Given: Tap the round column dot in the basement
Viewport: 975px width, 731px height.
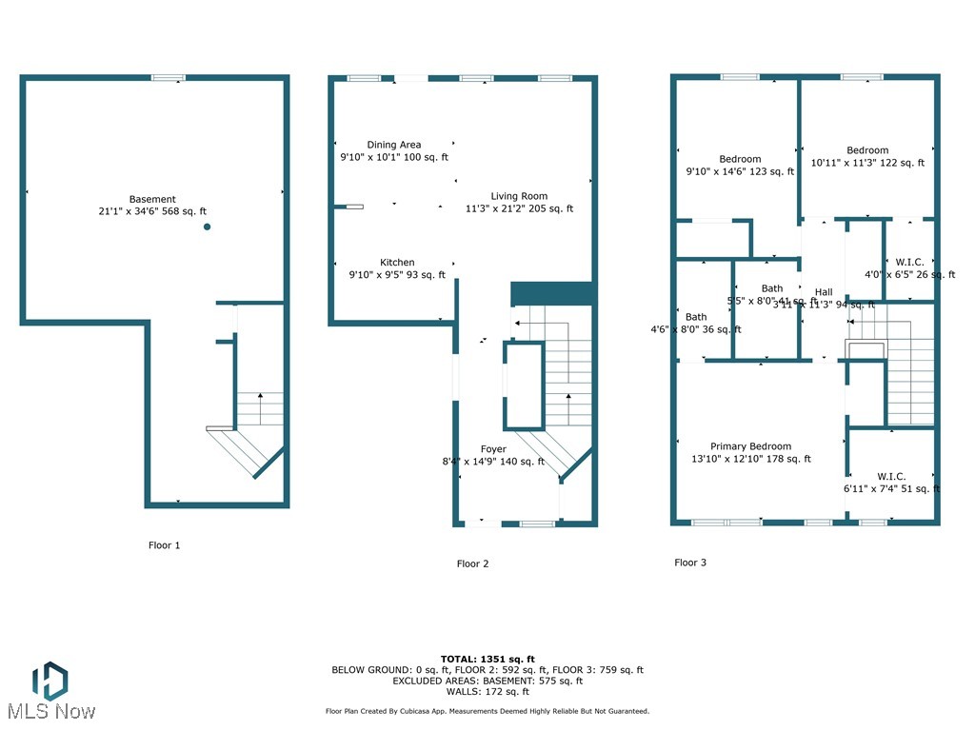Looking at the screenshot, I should [x=207, y=227].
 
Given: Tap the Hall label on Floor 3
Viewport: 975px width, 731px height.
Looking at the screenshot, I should [x=824, y=292].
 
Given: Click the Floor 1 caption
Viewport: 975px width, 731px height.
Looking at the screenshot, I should [x=164, y=545].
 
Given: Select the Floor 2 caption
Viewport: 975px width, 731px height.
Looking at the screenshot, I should [x=472, y=563].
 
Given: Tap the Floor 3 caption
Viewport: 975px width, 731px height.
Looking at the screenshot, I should [x=690, y=563].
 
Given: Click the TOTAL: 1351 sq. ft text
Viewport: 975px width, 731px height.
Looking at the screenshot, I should [x=487, y=659].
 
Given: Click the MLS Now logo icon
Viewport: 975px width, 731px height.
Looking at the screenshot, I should [x=50, y=681].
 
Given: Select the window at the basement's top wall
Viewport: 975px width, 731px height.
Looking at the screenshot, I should [x=168, y=77].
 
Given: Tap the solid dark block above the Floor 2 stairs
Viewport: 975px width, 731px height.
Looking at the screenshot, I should [x=553, y=293].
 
